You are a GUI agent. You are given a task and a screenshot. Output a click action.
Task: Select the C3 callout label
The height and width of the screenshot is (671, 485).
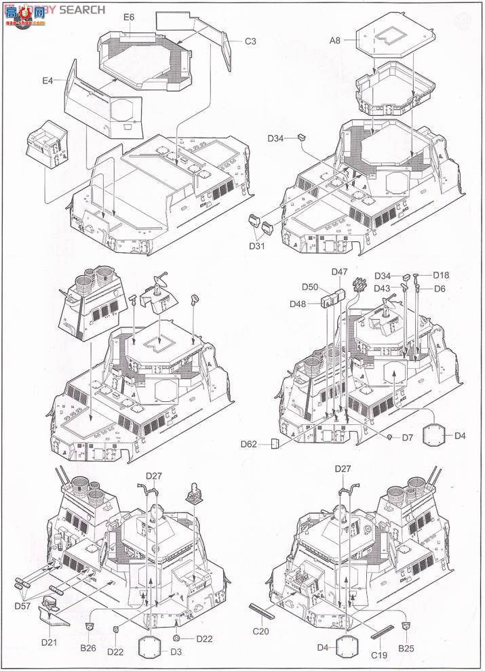coord(250,41)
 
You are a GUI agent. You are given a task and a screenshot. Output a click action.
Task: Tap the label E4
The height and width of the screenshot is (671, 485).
coord(47,81)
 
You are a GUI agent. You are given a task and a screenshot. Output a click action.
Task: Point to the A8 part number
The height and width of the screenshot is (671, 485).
coord(336,41)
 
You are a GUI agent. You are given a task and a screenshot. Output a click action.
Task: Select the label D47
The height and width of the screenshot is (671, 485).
coord(339,272)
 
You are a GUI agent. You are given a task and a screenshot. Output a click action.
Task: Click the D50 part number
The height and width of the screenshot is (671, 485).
coord(310,287)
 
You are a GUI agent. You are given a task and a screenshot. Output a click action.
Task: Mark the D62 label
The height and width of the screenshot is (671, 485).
coord(248,445)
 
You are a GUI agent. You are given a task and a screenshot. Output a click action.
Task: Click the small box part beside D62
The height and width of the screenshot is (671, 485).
coord(274,444)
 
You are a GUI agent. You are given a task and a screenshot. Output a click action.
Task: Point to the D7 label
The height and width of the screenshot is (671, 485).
coord(407,438)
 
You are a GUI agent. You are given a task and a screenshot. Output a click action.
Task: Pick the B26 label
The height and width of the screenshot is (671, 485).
coord(88,648)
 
